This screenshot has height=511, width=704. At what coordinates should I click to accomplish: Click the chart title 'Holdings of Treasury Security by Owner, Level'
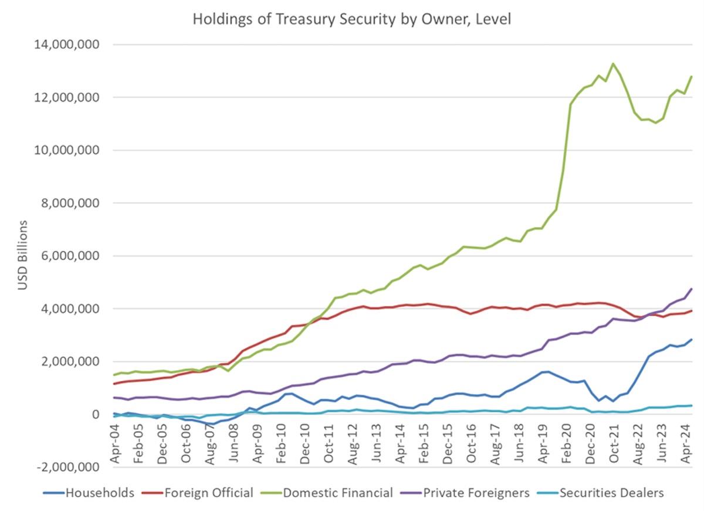(x=351, y=19)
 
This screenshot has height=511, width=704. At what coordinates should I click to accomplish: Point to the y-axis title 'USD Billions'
(x=22, y=255)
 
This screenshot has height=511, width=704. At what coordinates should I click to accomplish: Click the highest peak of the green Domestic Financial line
(x=613, y=63)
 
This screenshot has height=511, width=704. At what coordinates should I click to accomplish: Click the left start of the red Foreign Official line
(x=114, y=384)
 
